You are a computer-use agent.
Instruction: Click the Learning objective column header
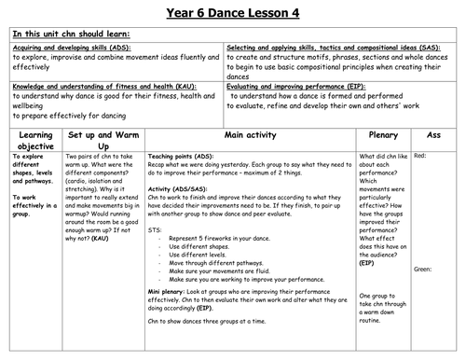click(33, 141)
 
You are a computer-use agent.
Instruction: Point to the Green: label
click(423, 269)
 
